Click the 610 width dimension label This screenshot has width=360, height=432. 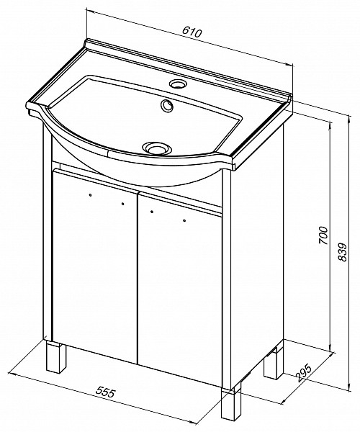[x=192, y=32]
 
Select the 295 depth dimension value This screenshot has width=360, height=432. [x=304, y=373]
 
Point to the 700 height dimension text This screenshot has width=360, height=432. [x=323, y=235]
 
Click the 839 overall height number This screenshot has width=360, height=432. [x=341, y=251]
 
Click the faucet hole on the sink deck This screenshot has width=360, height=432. [x=178, y=84]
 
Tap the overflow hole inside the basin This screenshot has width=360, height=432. [x=166, y=105]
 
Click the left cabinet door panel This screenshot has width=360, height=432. [x=94, y=264]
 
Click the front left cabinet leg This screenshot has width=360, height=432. [x=56, y=356]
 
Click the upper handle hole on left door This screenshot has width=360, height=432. [x=90, y=195]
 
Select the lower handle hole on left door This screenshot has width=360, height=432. [x=122, y=204]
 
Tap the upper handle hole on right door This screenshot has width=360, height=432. [x=152, y=212]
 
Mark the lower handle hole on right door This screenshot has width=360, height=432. [x=184, y=220]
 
